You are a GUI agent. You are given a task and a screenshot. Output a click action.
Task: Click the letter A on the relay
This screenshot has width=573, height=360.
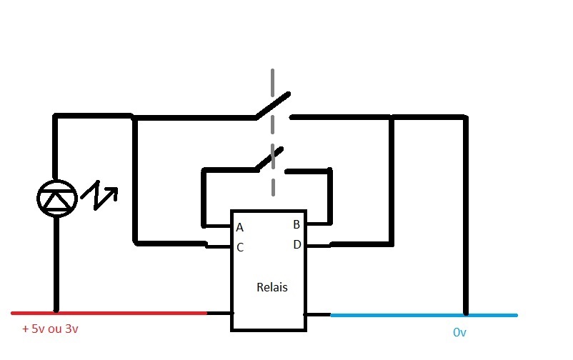click(240, 228)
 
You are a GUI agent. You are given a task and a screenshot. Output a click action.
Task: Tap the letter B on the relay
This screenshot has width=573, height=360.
click(297, 224)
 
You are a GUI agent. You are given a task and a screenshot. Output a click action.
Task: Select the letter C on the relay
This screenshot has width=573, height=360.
click(240, 248)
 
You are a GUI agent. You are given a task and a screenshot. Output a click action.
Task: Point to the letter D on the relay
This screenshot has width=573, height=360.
click(297, 244)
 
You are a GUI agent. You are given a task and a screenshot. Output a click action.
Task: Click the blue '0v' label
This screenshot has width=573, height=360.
click(460, 332)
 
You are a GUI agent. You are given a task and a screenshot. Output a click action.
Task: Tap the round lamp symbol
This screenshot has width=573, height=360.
click(56, 198)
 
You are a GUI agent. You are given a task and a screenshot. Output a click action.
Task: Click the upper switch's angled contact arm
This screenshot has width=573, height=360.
click(273, 106)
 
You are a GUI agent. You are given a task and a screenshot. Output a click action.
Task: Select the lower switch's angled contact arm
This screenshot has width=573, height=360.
click(269, 159)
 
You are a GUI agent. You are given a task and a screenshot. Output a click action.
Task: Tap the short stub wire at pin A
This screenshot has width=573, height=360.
click(217, 226)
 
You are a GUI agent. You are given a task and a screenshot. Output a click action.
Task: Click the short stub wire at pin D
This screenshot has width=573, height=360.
click(319, 246)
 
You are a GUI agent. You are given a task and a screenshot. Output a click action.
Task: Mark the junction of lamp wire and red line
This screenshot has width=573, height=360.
click(56, 313)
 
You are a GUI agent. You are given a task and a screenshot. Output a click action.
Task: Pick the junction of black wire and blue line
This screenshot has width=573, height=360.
click(466, 314)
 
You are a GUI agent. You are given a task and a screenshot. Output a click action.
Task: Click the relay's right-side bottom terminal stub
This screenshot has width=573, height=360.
click(317, 314)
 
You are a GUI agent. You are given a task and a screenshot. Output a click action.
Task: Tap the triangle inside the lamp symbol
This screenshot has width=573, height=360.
click(56, 201)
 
